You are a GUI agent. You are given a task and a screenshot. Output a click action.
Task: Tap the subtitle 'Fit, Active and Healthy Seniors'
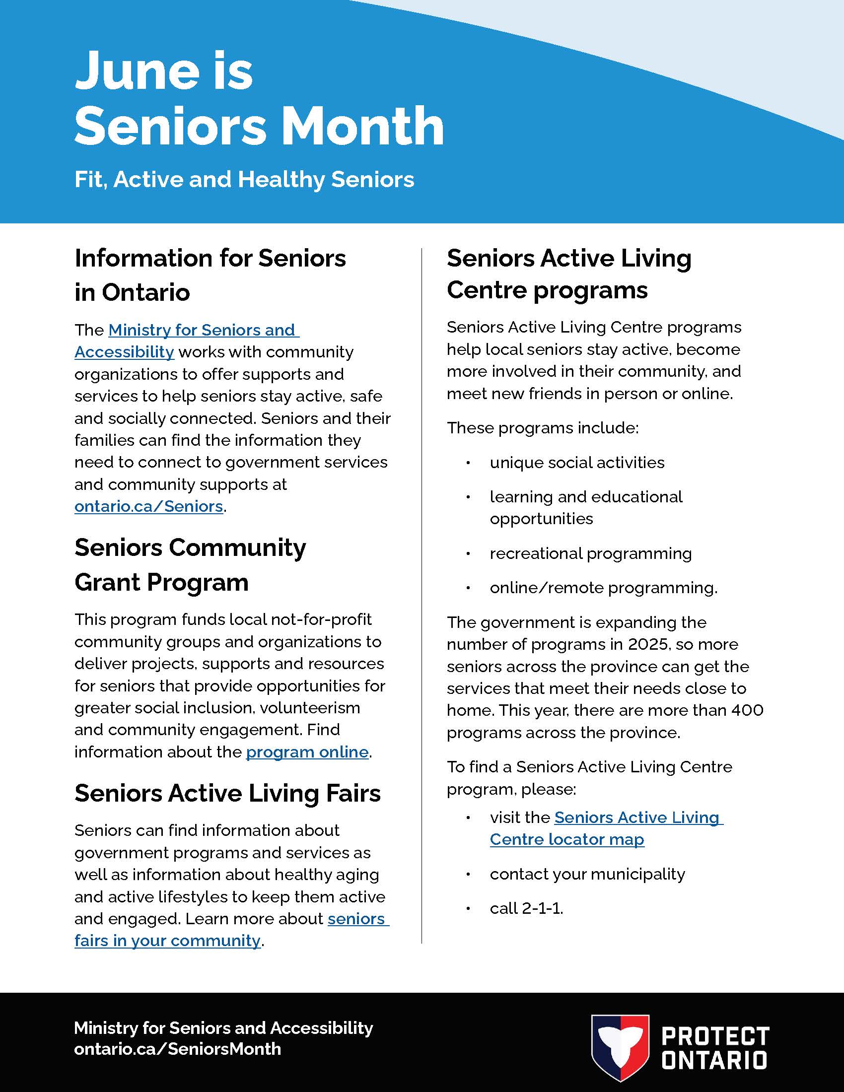244,180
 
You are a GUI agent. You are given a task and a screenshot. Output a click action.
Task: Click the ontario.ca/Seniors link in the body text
148,506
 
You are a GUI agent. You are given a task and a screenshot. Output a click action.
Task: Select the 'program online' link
307,752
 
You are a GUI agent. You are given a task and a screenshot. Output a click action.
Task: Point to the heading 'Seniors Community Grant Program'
190,565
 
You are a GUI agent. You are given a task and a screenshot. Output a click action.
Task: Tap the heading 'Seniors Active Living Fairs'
227,794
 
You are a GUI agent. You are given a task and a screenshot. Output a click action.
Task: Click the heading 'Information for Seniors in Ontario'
210,275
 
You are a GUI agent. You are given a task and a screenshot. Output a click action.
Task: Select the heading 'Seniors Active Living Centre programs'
568,274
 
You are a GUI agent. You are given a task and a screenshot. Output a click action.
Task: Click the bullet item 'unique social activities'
577,463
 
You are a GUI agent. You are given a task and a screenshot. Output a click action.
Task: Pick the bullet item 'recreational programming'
590,553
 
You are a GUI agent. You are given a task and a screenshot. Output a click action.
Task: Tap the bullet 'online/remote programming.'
603,588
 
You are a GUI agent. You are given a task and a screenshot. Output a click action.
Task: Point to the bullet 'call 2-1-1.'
526,908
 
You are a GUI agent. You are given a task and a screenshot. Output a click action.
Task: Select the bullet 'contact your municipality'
587,874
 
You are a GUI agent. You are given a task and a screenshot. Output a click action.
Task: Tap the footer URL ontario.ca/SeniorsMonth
178,1048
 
